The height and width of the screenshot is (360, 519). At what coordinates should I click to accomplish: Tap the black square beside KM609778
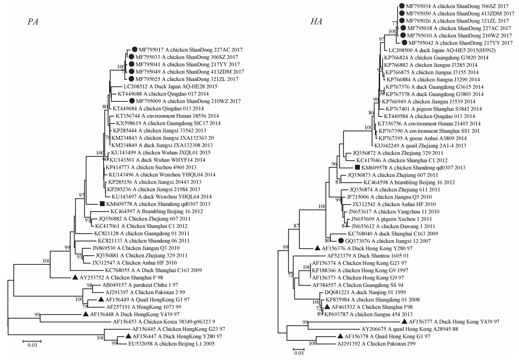pos(102,204)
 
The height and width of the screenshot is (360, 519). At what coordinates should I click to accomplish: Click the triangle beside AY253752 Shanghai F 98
pos(75,277)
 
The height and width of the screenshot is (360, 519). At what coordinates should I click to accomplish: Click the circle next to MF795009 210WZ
pos(132,101)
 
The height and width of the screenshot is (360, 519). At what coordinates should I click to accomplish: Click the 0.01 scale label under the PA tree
pos(32,345)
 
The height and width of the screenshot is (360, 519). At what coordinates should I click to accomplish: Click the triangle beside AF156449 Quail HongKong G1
pos(101,300)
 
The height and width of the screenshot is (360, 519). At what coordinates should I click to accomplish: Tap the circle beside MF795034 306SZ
pos(402,6)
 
